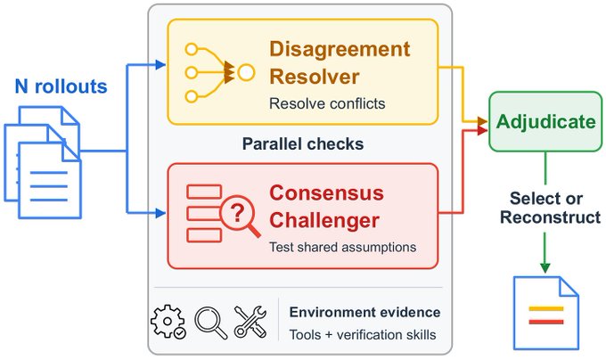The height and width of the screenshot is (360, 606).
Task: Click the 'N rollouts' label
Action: pos(61,86)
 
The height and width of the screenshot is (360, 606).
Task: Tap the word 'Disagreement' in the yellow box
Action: pos(340,49)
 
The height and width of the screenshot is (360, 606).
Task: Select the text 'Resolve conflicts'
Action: pos(327,103)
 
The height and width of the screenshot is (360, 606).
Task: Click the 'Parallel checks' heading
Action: pos(303,143)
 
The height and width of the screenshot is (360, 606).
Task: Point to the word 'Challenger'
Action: pos(324,220)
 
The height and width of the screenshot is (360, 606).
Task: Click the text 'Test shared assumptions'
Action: pos(342,247)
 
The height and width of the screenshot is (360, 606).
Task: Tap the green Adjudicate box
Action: pos(545,121)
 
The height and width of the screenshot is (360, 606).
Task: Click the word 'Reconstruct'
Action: pos(551,217)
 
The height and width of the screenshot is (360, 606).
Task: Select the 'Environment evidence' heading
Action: pos(364,312)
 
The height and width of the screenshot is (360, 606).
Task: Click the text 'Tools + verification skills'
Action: pos(363,334)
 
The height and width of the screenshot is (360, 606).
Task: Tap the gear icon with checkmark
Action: pos(168,322)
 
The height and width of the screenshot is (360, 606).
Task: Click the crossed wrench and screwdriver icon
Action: pos(250,322)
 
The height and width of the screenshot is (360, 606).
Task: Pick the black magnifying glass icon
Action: pos(210,323)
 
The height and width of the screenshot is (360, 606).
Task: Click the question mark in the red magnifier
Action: pos(237,213)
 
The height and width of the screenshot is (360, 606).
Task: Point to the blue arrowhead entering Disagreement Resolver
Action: pos(160,64)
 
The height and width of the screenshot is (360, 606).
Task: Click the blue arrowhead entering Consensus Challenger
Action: pos(160,212)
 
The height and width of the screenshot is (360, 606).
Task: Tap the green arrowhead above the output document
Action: pos(545,267)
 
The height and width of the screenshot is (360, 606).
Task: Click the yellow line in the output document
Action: pos(546,308)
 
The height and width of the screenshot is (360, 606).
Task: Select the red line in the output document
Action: pos(546,322)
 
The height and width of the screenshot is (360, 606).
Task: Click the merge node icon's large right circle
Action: pos(246,72)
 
